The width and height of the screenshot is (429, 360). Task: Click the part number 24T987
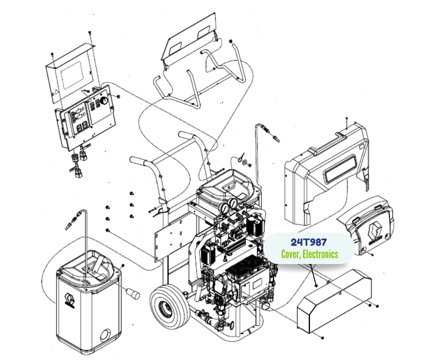pyautogui.click(x=309, y=242)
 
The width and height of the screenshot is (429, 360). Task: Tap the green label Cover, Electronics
pyautogui.click(x=309, y=254)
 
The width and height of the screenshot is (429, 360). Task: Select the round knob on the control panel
pyautogui.click(x=105, y=100)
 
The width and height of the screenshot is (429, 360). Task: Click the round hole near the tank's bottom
pyautogui.click(x=105, y=338)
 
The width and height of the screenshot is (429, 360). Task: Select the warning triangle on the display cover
pyautogui.click(x=55, y=92)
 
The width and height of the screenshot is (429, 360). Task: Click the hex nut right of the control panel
pyautogui.click(x=118, y=97)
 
